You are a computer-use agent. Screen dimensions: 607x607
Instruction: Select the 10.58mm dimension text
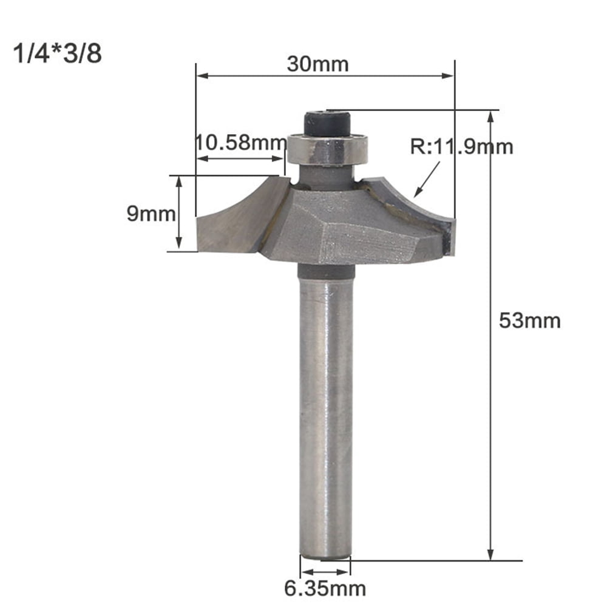pyautogui.click(x=240, y=144)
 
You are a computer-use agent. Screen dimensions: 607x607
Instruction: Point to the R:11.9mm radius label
pyautogui.click(x=461, y=146)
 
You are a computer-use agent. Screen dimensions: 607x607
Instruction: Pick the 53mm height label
pyautogui.click(x=529, y=320)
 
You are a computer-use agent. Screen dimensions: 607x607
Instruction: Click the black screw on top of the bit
pyautogui.click(x=328, y=123)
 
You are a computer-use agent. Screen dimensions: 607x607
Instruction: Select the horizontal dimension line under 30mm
pyautogui.click(x=325, y=76)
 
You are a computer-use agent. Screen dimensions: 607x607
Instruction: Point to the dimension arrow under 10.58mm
pyautogui.click(x=240, y=159)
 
